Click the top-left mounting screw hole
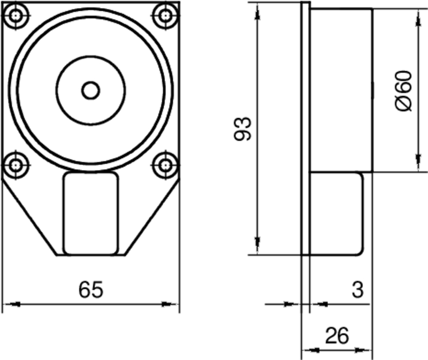tap(17, 16)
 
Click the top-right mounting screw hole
tap(165, 16)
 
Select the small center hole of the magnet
tap(91, 90)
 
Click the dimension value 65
tap(90, 290)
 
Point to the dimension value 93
tap(243, 128)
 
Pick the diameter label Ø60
tap(404, 91)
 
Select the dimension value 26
tap(337, 336)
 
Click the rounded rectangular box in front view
tap(91, 213)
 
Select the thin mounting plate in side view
tap(305, 128)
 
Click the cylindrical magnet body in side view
tap(341, 90)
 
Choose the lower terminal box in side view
tap(336, 213)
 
